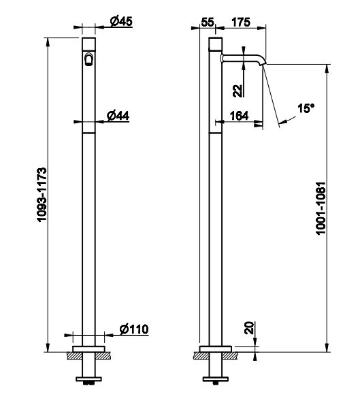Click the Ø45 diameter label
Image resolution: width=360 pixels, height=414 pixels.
121,21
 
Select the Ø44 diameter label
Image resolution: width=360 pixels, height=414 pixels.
118,116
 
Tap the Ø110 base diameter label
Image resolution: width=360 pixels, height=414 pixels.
134,330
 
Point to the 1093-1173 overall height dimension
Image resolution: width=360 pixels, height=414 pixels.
42,195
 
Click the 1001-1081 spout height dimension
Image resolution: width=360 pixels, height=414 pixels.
321,208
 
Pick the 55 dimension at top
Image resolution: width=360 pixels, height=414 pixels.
208,22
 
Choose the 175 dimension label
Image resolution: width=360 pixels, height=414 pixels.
241,22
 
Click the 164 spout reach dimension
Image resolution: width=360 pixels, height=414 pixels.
239,116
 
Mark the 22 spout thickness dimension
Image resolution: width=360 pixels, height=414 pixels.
238,91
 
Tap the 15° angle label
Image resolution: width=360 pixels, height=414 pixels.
306,108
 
